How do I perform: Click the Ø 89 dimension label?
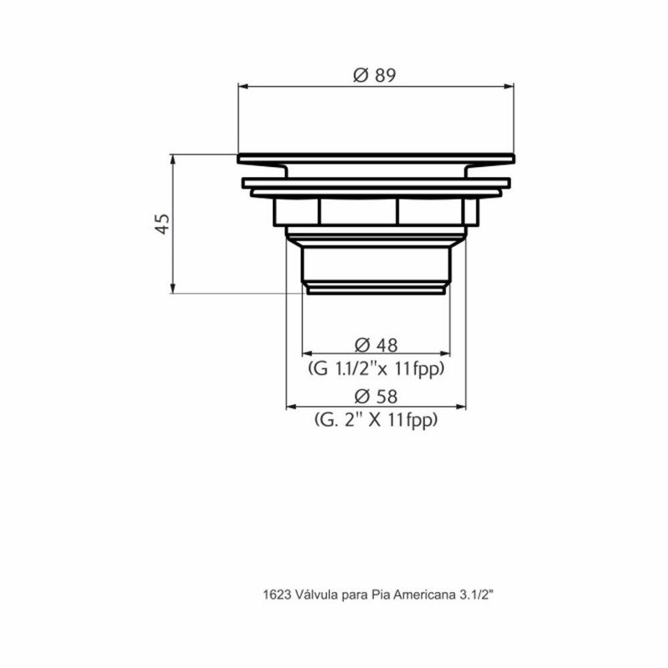pyautogui.click(x=374, y=74)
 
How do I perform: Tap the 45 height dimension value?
pyautogui.click(x=163, y=223)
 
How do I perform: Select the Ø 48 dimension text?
pyautogui.click(x=376, y=344)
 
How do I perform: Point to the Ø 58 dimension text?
pyautogui.click(x=376, y=397)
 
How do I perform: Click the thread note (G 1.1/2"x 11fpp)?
pyautogui.click(x=376, y=367)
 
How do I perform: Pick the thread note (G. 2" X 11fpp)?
pyautogui.click(x=376, y=421)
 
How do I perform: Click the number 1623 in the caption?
pyautogui.click(x=276, y=596)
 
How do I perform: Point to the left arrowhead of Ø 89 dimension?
pyautogui.click(x=243, y=85)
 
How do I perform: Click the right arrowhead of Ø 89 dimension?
pyautogui.click(x=509, y=85)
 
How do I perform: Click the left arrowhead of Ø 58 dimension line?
pyautogui.click(x=291, y=407)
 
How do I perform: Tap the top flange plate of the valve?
pyautogui.click(x=376, y=159)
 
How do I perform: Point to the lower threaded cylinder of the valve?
pyautogui.click(x=376, y=263)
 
